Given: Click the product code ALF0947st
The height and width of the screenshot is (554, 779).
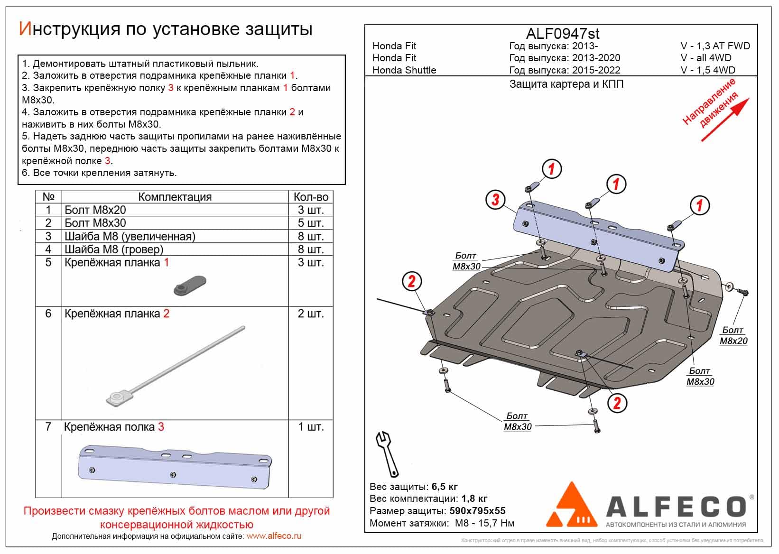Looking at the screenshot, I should [x=563, y=34].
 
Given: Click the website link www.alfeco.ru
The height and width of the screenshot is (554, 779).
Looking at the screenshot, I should [x=274, y=536].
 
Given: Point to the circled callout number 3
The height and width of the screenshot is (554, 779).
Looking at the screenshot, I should [x=495, y=199].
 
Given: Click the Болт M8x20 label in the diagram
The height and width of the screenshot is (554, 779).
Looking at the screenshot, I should [x=733, y=336].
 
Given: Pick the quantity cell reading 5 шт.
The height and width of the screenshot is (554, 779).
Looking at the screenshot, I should [x=311, y=223].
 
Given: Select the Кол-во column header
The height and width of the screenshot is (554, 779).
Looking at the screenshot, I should [x=311, y=197].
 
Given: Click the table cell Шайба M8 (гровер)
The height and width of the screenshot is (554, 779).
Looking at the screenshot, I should [x=114, y=249].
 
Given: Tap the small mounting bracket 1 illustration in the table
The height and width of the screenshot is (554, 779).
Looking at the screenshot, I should [x=190, y=284].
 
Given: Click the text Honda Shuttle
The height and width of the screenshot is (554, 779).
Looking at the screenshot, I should [x=404, y=70].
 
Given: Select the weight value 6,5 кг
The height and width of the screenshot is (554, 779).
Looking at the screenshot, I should [x=445, y=487].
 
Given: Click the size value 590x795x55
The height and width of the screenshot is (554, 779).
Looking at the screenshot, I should [x=477, y=511].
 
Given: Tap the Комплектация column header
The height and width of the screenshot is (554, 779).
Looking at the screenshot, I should [x=175, y=197].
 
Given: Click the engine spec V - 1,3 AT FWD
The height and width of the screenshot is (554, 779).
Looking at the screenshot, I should [x=715, y=46].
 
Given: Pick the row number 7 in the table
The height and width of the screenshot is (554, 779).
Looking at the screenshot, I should [x=48, y=427].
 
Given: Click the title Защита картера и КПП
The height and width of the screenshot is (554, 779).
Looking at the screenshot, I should [x=566, y=84].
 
